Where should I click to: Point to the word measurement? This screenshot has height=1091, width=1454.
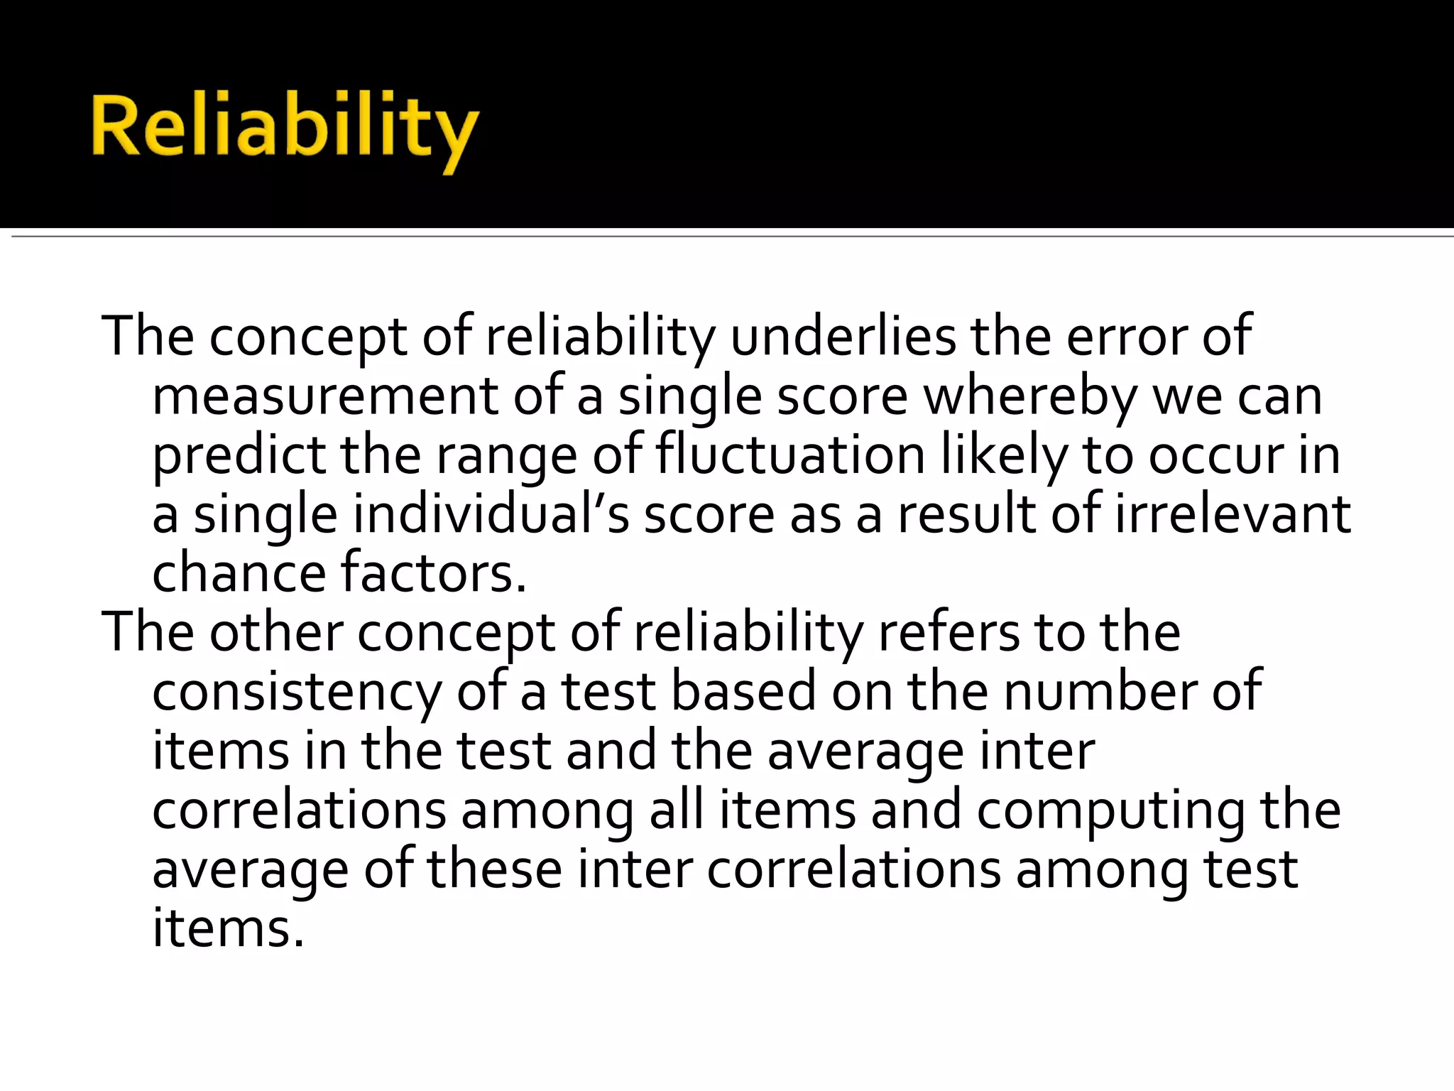pyautogui.click(x=324, y=396)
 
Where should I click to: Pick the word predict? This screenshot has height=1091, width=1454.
pyautogui.click(x=239, y=455)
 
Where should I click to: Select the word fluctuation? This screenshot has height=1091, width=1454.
pyautogui.click(x=790, y=455)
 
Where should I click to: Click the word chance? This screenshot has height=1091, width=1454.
pyautogui.click(x=239, y=574)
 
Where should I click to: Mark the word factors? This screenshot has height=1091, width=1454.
pyautogui.click(x=433, y=574)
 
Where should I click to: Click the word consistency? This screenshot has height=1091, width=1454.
pyautogui.click(x=297, y=692)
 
